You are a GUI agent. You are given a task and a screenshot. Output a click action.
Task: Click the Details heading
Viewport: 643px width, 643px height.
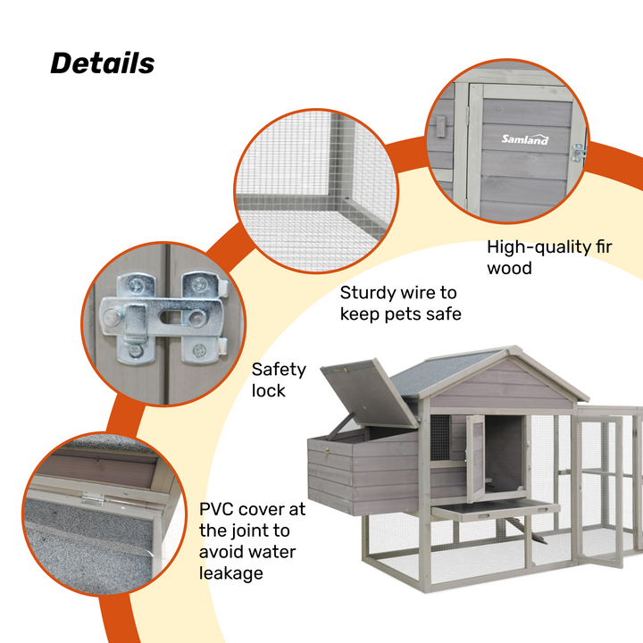pos(102,63)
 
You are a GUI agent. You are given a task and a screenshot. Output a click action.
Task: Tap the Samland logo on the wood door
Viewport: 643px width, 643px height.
pos(525,139)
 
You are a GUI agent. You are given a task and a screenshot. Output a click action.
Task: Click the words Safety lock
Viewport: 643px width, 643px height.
pos(279,380)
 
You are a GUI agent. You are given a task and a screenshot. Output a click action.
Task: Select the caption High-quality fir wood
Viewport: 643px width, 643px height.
pos(551,257)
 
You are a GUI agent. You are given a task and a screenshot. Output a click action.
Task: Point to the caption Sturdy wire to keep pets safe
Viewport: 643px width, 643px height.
pos(400,303)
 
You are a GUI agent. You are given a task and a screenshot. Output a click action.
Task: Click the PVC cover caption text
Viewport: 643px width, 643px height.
pos(252,541)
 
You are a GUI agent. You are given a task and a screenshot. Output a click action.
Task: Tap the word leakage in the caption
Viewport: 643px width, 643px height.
pos(231,572)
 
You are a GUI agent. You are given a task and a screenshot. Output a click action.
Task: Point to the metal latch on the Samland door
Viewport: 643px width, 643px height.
pos(577,152)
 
